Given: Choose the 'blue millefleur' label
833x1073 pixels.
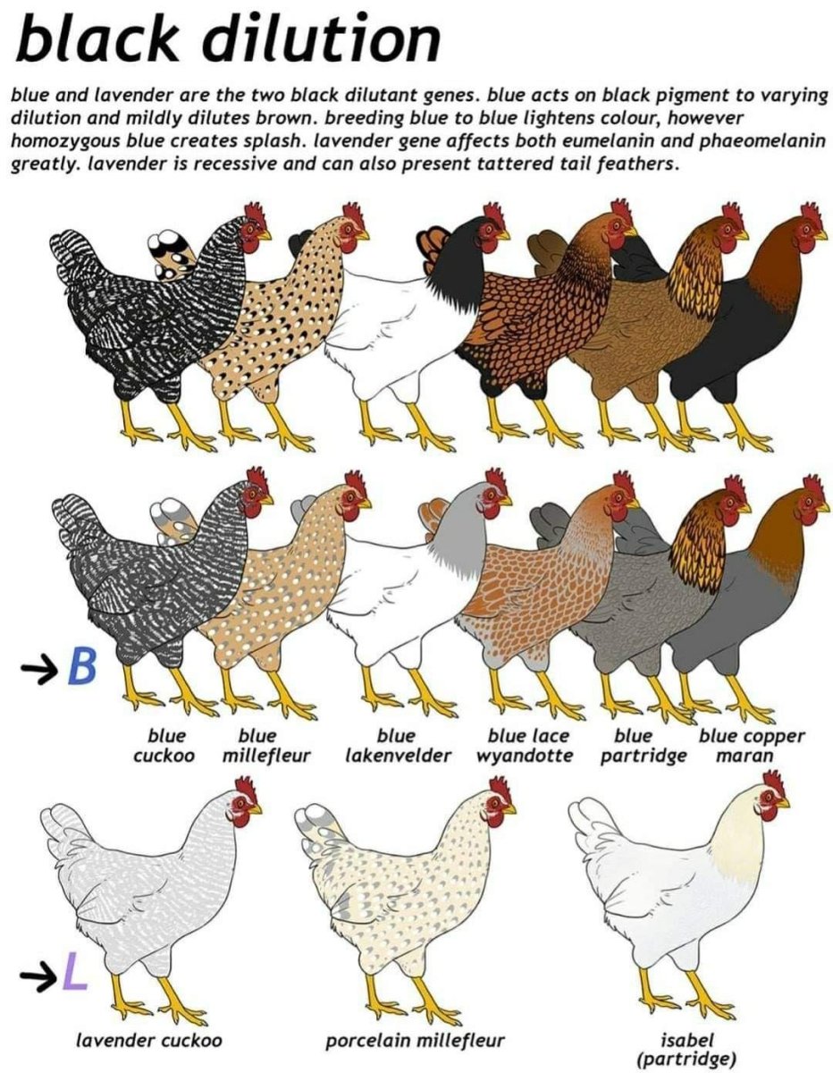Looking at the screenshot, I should coord(265,746).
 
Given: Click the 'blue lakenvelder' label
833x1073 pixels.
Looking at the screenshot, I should coord(397,746).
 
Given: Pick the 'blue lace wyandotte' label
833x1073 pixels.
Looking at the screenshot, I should coord(526,746).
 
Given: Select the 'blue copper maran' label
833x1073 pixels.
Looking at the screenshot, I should coord(751,746).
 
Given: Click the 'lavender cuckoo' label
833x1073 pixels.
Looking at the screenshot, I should coord(148,1040).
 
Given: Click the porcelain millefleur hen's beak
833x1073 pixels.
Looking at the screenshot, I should coord(509,809).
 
